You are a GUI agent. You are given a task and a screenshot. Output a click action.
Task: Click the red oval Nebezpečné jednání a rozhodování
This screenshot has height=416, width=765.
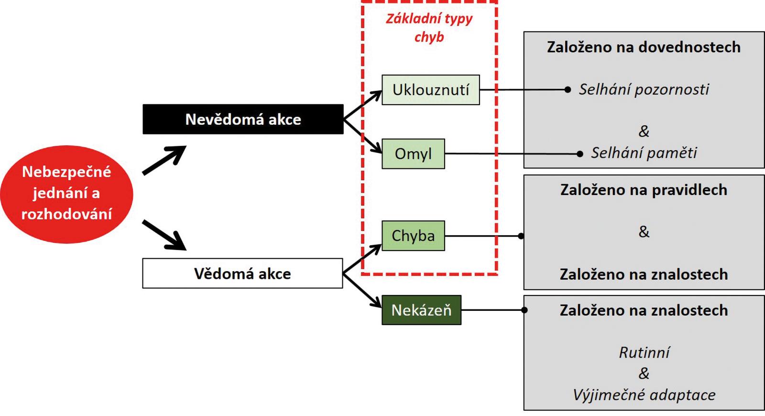[66, 194]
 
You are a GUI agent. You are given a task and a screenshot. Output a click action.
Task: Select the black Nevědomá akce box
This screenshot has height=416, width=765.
[243, 119]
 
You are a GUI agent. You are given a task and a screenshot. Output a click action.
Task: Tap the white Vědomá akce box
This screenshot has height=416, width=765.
[242, 274]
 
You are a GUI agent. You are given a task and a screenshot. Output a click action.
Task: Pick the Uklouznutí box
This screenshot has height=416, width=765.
[430, 90]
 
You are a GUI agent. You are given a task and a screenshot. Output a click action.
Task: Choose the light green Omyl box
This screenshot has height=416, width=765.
[413, 154]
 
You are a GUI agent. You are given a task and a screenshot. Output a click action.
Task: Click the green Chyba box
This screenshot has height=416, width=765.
[413, 236]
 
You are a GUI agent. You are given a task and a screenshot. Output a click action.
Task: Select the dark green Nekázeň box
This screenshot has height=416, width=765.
[421, 310]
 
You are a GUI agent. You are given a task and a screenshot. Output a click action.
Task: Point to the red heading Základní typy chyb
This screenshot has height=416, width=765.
[429, 27]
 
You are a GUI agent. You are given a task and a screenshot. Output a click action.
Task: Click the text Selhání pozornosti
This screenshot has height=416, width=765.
[644, 89]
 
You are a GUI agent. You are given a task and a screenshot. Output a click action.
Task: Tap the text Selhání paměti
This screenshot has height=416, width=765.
[644, 153]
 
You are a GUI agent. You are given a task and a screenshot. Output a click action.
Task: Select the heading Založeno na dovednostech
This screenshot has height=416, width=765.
[644, 47]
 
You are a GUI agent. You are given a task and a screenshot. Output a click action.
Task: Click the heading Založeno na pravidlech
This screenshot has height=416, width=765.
[644, 190]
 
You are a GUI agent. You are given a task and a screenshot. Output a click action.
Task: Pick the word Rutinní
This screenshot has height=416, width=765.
[644, 353]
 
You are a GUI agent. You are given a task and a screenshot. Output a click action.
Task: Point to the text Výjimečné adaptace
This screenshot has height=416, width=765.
[644, 395]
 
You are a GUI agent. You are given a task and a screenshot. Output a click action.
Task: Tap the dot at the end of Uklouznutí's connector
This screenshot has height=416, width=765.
[568, 89]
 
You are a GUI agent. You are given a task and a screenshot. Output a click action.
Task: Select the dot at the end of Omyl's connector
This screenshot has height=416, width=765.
[580, 154]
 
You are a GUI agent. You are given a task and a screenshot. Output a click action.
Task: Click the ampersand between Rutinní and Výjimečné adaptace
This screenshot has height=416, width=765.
[644, 373]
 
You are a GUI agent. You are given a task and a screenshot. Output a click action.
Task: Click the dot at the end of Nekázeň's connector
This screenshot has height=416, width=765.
[524, 310]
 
